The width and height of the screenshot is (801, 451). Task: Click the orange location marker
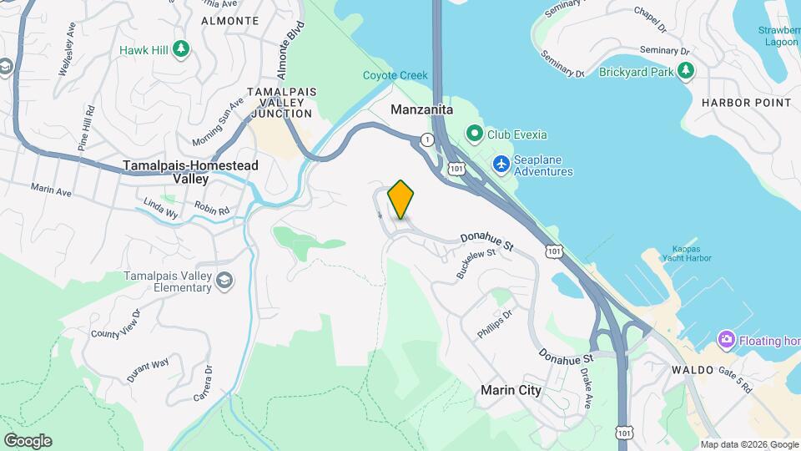[x=401, y=199]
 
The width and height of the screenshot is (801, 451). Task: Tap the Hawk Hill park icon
[x=181, y=49]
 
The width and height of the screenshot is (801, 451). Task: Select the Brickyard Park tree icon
[x=686, y=72]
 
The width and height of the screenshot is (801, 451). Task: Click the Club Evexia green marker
[x=475, y=133]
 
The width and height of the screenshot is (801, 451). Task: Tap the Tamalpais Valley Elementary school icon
[x=224, y=281]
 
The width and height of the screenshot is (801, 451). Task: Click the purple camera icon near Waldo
[x=727, y=339]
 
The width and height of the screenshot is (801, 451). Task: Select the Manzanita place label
[x=422, y=109]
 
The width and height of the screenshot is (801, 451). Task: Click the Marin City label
[x=511, y=390]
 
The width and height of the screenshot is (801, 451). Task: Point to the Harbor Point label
[x=746, y=103]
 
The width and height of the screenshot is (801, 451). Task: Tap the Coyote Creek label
[x=395, y=75]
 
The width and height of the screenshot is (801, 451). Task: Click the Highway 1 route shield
[x=427, y=139]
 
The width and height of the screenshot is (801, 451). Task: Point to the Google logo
[x=28, y=441]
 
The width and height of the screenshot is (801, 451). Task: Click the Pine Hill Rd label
[x=86, y=128]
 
